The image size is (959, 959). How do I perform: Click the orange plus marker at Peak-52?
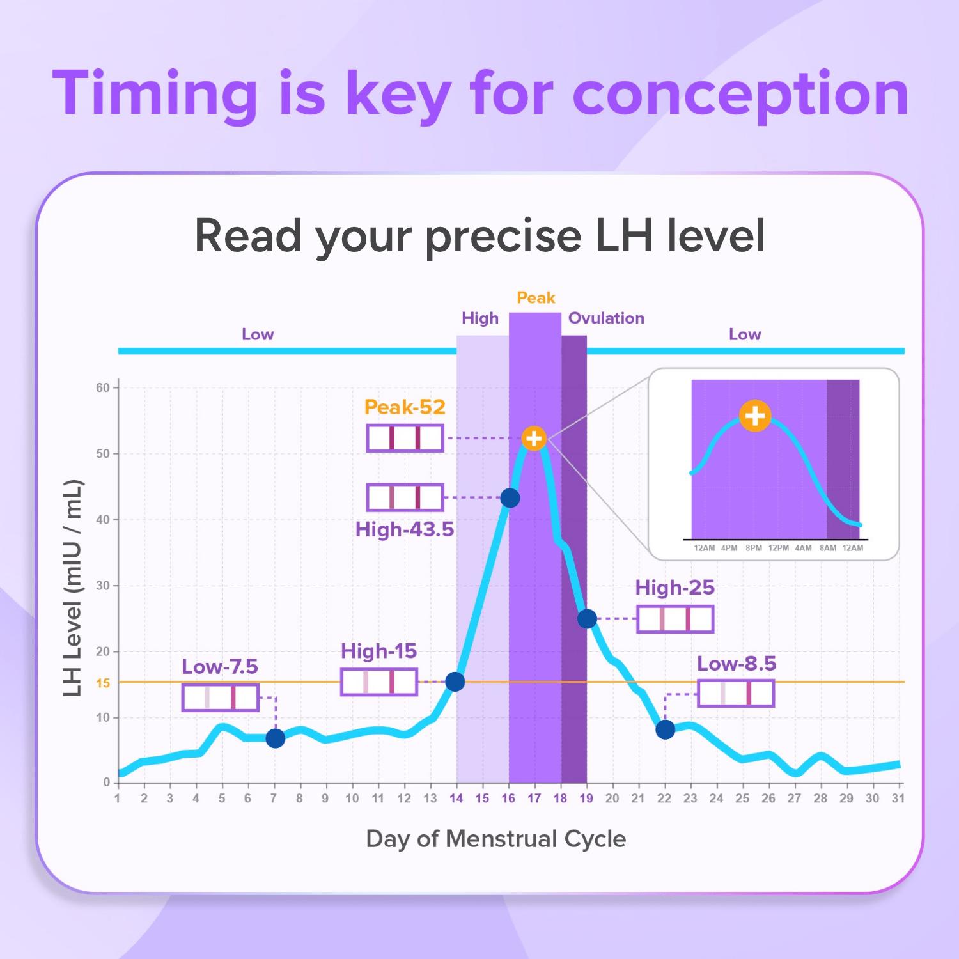[x=534, y=439]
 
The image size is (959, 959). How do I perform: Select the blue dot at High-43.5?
[x=510, y=498]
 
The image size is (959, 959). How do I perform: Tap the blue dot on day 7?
[x=275, y=738]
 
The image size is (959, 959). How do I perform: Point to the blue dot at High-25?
[x=587, y=619]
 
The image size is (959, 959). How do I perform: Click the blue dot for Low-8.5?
[x=665, y=729]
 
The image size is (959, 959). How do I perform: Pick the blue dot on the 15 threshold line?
[x=455, y=682]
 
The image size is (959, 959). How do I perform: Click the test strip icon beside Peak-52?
[x=405, y=439]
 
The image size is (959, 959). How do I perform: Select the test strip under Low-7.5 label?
[x=221, y=698]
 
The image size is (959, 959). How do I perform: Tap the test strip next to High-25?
[x=675, y=620]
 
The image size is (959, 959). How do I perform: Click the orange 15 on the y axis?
[x=103, y=683]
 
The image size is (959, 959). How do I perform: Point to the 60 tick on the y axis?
[x=103, y=388]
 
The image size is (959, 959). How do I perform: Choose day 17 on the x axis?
[x=534, y=799]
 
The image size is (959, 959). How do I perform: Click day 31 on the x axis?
[x=898, y=799]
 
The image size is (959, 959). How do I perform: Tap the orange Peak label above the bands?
[x=536, y=298]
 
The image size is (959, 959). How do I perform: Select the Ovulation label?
[x=606, y=318]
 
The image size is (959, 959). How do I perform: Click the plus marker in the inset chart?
[x=755, y=416]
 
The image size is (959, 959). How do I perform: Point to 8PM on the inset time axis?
[x=754, y=548]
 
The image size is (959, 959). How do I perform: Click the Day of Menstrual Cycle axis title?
[x=495, y=839]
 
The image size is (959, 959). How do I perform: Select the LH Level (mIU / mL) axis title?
[x=73, y=588]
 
